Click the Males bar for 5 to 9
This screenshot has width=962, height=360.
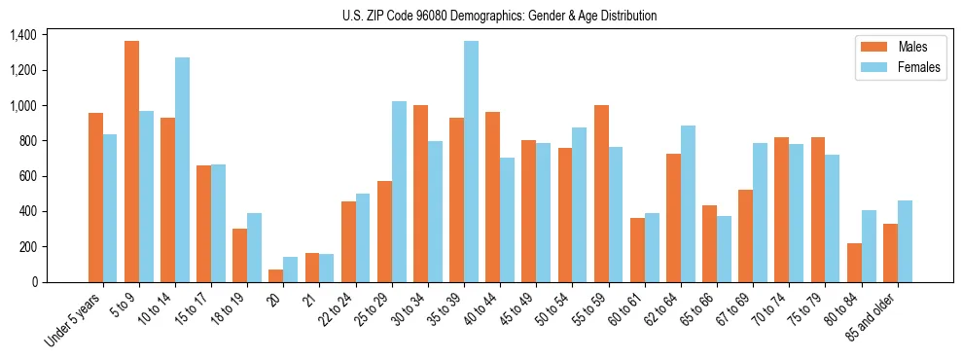coord(131,162)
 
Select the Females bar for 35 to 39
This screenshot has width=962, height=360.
coord(471,162)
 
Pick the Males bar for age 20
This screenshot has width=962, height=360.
coord(276,275)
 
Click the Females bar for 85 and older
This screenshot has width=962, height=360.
coord(905,241)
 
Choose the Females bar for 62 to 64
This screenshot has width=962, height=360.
coord(688,203)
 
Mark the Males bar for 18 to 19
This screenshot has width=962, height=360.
coord(239,255)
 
